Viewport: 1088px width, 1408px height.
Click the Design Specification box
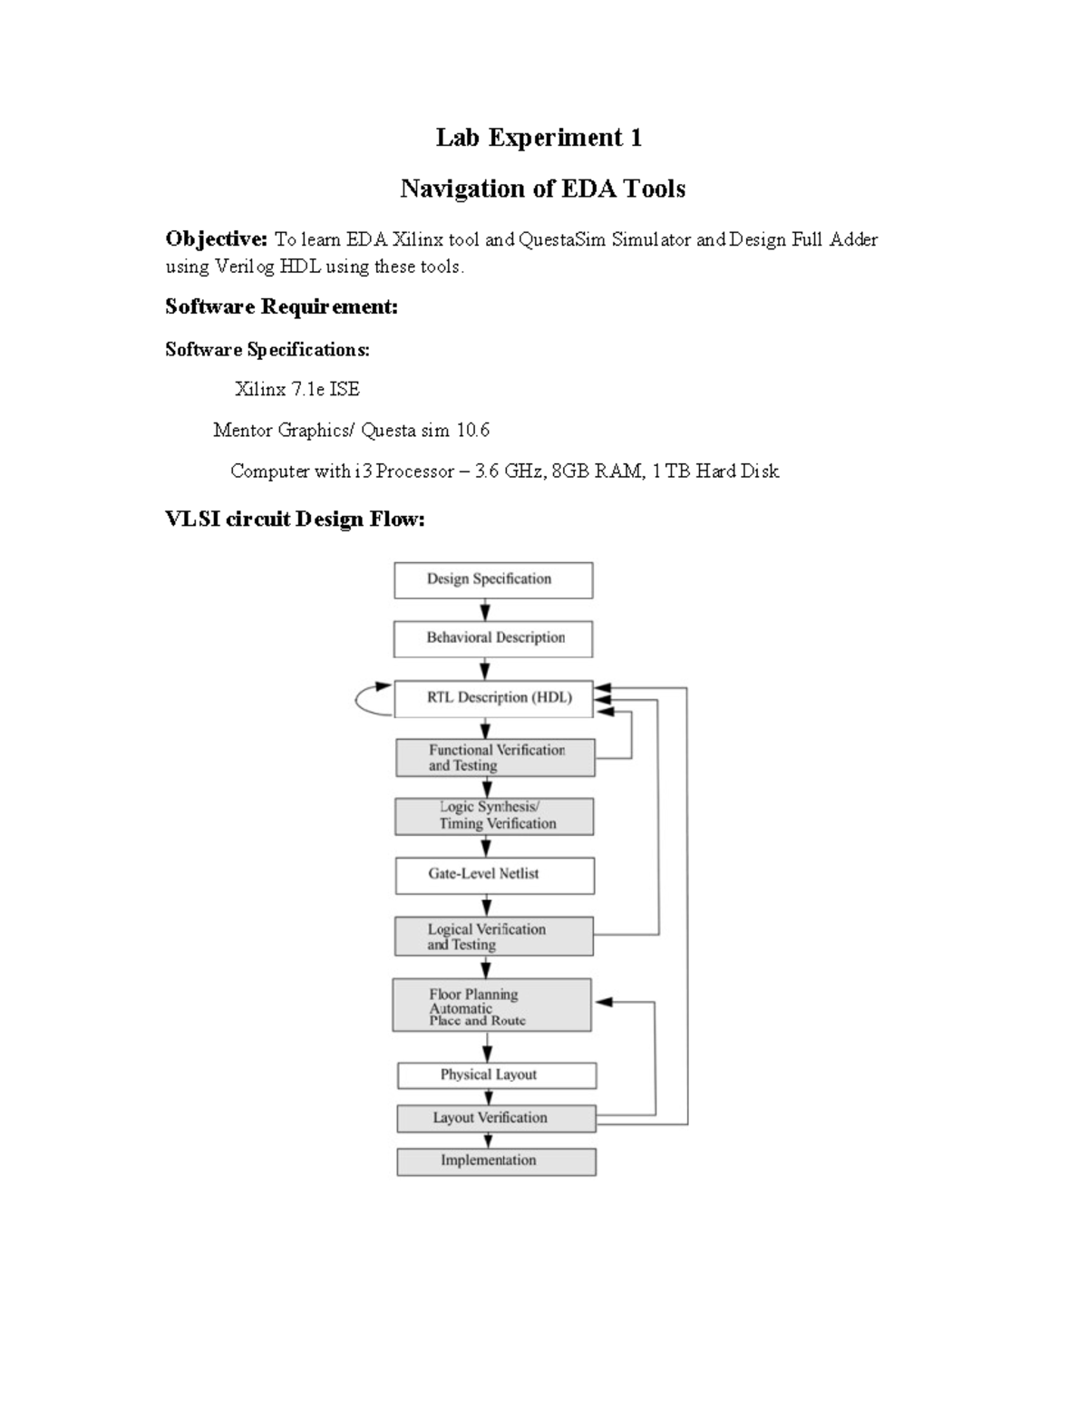493,580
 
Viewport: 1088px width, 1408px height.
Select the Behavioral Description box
493,639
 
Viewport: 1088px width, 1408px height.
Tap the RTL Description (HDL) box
493,698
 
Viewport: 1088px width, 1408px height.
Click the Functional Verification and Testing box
495,758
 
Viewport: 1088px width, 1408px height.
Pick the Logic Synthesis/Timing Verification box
494,816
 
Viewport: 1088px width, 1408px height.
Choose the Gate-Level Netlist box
495,875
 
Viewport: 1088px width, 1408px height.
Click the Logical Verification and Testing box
494,937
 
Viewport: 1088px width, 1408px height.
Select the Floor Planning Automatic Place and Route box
491,1005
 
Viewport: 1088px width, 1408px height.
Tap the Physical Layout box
497,1075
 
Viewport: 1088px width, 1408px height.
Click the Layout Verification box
496,1118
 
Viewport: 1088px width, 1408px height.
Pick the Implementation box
496,1161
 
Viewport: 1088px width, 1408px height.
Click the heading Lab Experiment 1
539,138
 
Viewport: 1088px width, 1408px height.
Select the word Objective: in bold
216,239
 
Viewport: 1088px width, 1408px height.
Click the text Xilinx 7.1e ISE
297,390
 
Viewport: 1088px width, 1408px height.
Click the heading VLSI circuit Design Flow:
295,520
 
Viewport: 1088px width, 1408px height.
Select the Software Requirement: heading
281,307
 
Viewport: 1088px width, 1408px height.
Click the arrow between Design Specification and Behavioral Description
485,610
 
